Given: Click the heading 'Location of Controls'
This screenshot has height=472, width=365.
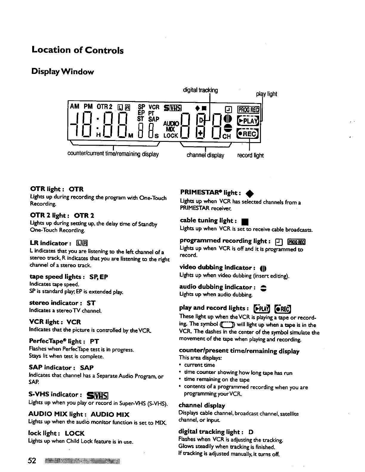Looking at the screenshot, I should pyautogui.click(x=78, y=50).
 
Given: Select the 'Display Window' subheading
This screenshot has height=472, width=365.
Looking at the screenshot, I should pyautogui.click(x=63, y=72).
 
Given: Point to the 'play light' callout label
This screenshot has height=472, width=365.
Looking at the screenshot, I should pyautogui.click(x=267, y=94).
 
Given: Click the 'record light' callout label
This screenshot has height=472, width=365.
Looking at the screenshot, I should pyautogui.click(x=250, y=155).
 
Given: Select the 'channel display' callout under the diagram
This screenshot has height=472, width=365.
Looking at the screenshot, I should pyautogui.click(x=205, y=155).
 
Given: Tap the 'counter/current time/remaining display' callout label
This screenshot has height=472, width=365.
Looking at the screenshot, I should pyautogui.click(x=113, y=154).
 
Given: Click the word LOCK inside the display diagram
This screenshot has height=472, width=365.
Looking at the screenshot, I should pyautogui.click(x=171, y=136).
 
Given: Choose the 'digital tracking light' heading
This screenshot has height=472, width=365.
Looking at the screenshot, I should pyautogui.click(x=216, y=432).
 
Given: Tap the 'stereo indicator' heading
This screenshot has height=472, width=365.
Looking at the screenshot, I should pyautogui.click(x=62, y=303).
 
